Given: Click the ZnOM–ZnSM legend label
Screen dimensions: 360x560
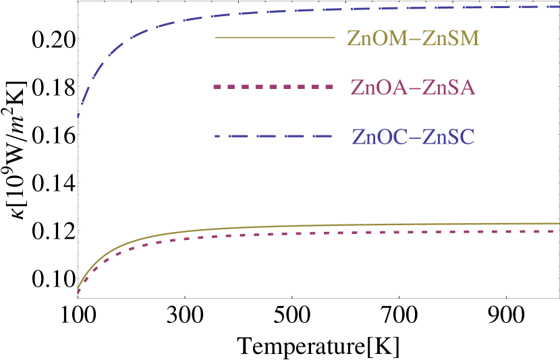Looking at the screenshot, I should point(413,38).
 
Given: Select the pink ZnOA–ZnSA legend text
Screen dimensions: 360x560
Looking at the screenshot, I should point(413,87).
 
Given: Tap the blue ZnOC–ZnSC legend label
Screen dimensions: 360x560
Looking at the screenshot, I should point(413,137).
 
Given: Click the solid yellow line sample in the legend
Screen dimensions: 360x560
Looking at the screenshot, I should point(275,38).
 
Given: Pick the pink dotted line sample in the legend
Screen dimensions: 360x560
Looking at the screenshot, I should point(273,87).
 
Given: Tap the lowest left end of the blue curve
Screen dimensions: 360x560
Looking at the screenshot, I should point(78,116).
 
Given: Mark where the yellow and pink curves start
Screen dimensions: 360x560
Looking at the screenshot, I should point(78,291).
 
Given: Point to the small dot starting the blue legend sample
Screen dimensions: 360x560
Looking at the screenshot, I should point(217,137).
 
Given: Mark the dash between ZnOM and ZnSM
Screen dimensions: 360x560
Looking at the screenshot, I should point(414,38).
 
